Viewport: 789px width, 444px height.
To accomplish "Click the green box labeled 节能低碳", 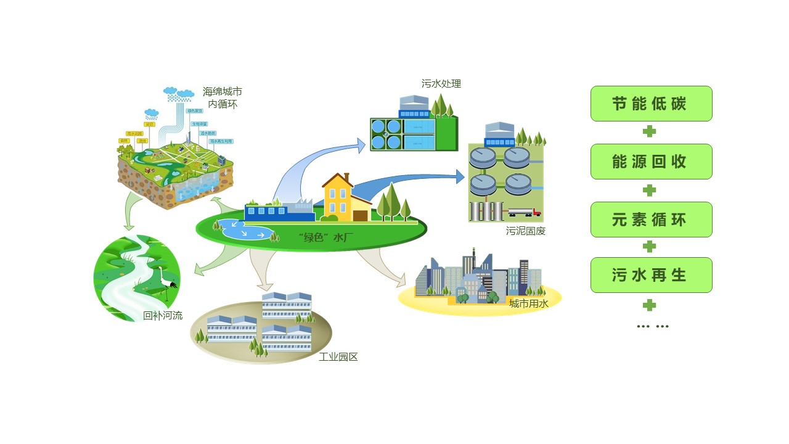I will point(651,104).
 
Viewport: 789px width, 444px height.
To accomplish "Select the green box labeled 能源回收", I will point(651,162).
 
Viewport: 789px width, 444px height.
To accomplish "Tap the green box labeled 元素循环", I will point(651,220).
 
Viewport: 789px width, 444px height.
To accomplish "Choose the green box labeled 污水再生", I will point(651,275).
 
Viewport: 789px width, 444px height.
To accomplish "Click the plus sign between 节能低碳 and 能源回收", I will point(649,131).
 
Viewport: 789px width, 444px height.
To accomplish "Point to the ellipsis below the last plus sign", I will point(652,326).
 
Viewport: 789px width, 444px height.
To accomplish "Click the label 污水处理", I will point(441,83).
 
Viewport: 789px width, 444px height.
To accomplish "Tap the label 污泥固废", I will point(526,231).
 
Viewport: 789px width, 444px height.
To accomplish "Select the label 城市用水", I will point(528,303).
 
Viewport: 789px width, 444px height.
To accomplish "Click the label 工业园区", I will point(338,357).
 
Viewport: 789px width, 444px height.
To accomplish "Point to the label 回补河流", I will point(163,316).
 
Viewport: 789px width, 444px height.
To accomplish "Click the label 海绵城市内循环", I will point(222,98).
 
